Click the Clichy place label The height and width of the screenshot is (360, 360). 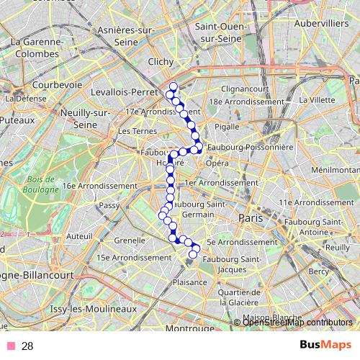click(x=161, y=62)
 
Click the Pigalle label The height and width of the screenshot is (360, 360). click(x=228, y=126)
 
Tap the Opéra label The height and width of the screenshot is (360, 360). click(x=217, y=163)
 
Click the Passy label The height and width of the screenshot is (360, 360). click(x=109, y=205)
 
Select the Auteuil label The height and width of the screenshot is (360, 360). click(x=78, y=235)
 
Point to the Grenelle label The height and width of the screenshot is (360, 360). click(x=130, y=240)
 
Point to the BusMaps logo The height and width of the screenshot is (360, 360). click(x=325, y=346)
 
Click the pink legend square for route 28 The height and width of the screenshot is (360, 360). click(x=11, y=346)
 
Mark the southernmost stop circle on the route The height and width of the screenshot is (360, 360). click(x=192, y=253)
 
